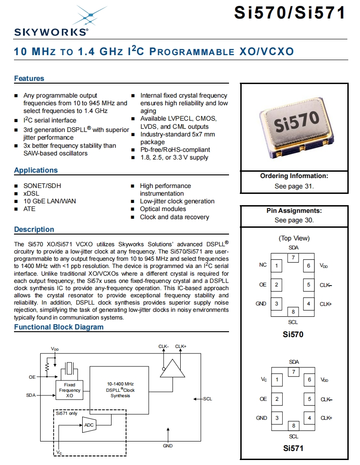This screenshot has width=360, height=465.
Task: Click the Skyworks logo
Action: tap(51, 23)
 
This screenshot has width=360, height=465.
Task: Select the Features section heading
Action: tap(29, 79)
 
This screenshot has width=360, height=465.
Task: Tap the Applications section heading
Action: tap(36, 170)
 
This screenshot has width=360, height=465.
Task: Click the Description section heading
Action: tap(34, 230)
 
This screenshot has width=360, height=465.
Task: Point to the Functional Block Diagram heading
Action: tap(59, 327)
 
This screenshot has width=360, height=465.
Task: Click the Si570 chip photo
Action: tap(294, 126)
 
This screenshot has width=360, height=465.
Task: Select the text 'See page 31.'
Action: tap(294, 186)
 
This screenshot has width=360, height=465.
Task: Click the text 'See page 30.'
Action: tap(294, 221)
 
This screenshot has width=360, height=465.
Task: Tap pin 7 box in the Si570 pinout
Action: tap(294, 258)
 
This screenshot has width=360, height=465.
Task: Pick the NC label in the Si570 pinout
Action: tap(263, 265)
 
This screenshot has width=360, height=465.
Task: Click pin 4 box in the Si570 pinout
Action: tap(309, 304)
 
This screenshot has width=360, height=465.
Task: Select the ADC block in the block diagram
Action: tap(89, 425)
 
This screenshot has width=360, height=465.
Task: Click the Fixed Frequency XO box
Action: tap(70, 390)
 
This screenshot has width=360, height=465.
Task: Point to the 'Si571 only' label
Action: tap(66, 413)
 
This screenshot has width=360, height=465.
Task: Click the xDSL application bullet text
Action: tap(31, 193)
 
